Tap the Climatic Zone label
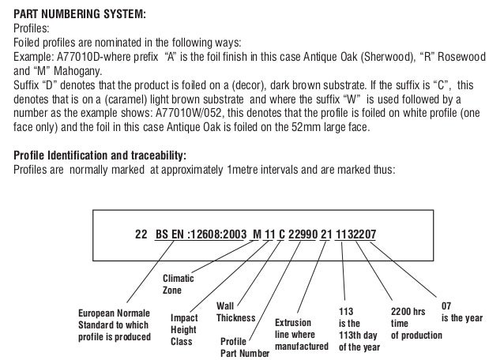tap(178, 284)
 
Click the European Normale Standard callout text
tap(114, 325)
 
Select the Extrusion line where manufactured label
tap(301, 335)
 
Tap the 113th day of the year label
tap(359, 329)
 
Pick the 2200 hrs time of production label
tap(416, 324)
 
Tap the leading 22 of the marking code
tap(142, 234)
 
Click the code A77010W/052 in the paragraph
tap(187, 113)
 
